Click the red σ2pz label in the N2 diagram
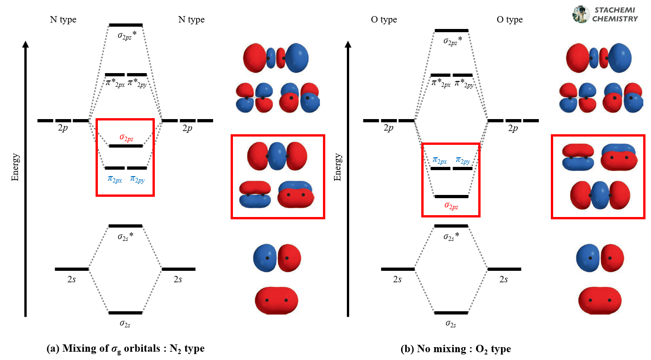(x=126, y=137)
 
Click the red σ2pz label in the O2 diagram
(x=451, y=206)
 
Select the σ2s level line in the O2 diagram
(x=451, y=313)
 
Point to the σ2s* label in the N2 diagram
(x=126, y=237)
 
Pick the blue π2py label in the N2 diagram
(x=137, y=179)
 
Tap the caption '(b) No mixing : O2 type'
(x=456, y=349)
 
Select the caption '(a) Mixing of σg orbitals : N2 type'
(x=126, y=349)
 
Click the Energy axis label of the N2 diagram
(x=16, y=167)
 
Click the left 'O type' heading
(x=384, y=20)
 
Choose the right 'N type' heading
(x=191, y=20)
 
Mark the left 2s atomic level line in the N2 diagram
(x=72, y=269)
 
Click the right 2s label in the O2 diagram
(x=504, y=280)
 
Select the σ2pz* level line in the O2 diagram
(x=451, y=30)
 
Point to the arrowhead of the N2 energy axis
(x=26, y=44)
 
